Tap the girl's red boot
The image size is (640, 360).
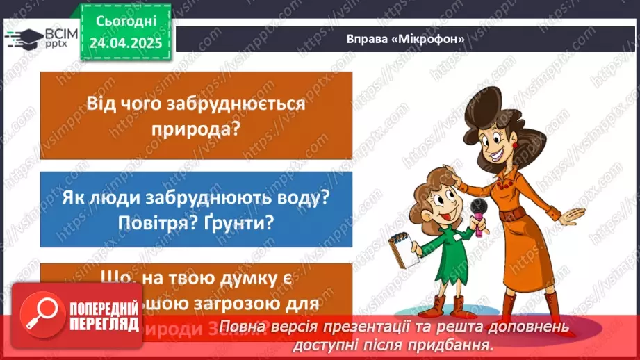click(439, 305)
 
